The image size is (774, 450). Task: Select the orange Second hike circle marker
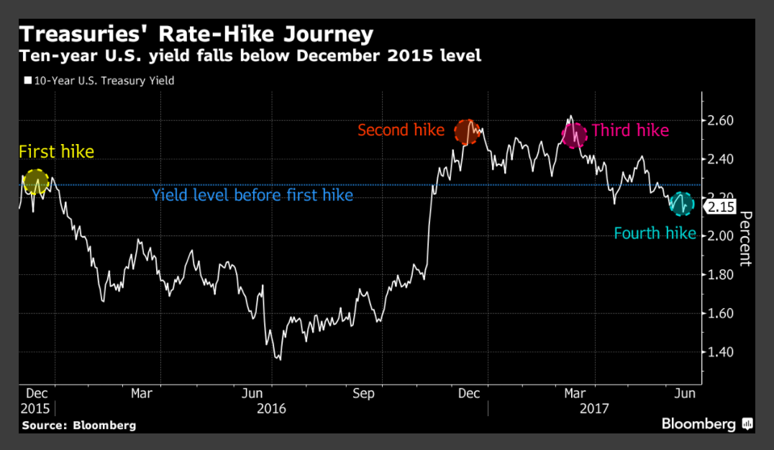point(467,132)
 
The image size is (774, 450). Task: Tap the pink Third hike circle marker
point(574,134)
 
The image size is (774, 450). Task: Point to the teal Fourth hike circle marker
point(680,204)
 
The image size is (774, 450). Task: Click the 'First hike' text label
point(56,152)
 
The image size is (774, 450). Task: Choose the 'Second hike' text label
point(401,130)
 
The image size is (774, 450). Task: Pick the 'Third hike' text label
point(630,130)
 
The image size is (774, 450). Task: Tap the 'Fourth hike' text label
point(655,233)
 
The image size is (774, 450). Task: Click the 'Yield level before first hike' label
point(252,195)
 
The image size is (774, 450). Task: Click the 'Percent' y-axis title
point(745,238)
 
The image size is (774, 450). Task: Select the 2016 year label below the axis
point(271,408)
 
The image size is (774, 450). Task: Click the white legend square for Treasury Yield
point(27,81)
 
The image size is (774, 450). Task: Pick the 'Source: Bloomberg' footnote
point(78,426)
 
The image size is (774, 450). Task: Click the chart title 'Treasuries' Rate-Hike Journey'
point(196,34)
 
